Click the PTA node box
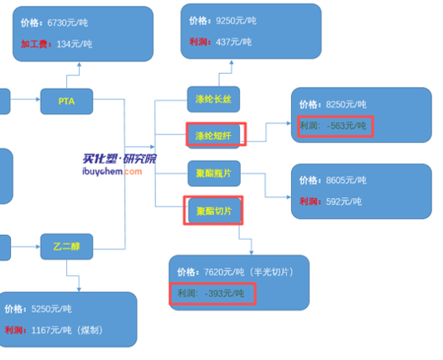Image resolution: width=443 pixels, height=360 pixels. (x=66, y=102)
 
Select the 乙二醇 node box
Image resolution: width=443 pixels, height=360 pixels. (x=66, y=247)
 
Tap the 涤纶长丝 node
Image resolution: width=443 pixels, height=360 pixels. (x=214, y=99)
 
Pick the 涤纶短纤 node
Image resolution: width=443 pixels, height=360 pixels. (x=214, y=136)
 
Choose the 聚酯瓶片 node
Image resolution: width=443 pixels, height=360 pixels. (x=214, y=174)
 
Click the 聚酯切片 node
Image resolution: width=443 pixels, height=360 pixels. (x=215, y=211)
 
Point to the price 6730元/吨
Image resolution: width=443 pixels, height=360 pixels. (x=67, y=23)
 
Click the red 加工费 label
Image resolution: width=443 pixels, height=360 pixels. (x=34, y=44)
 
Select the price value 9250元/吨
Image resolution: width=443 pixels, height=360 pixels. (x=237, y=21)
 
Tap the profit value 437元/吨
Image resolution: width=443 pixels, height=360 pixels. (x=233, y=42)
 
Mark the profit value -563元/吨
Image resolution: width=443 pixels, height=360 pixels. (x=347, y=126)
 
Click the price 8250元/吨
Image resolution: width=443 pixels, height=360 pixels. (x=346, y=105)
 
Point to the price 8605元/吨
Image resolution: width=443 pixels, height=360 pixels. (x=346, y=180)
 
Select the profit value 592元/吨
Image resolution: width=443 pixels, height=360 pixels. (x=344, y=201)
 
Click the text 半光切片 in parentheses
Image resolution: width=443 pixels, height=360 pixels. (x=271, y=272)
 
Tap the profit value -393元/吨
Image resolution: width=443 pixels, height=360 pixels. (x=224, y=294)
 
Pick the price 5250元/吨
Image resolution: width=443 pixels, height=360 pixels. (x=51, y=309)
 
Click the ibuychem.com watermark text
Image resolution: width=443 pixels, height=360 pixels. (x=112, y=171)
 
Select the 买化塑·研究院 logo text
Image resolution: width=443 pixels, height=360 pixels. (x=119, y=159)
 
